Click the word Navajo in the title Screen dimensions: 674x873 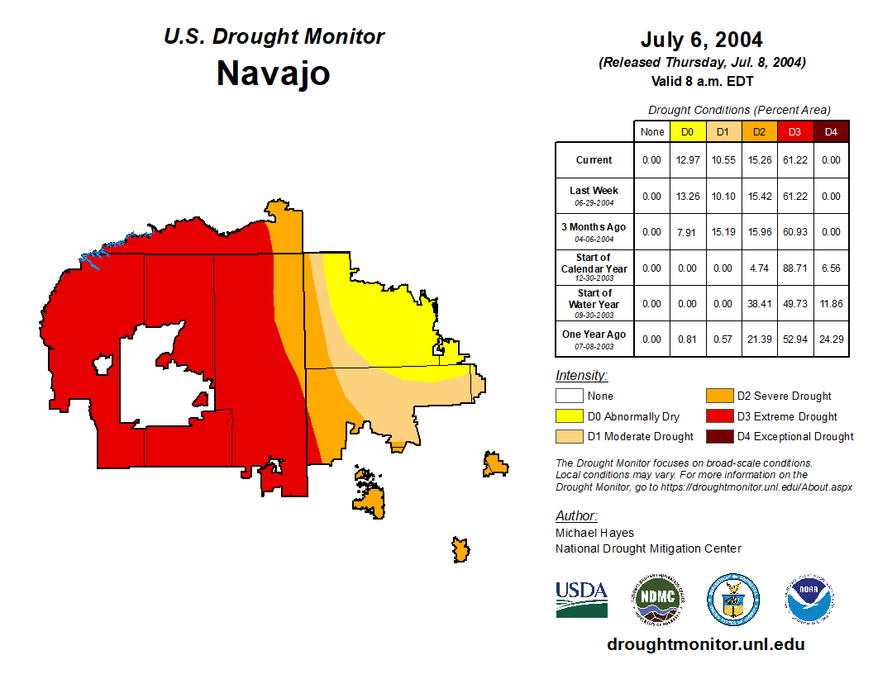273,73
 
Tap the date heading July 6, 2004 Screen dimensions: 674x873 701,40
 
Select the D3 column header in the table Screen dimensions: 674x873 794,131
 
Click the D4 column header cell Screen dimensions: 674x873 831,131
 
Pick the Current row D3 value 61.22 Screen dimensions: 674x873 794,160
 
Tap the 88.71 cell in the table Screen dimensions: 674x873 794,268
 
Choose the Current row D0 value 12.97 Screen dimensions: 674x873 687,160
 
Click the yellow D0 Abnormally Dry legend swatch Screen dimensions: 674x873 568,416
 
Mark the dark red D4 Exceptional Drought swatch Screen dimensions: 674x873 718,436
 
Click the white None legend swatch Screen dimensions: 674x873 568,396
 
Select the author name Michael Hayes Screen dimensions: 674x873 595,533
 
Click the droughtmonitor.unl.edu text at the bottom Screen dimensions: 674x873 705,644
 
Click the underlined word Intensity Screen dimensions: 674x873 581,376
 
